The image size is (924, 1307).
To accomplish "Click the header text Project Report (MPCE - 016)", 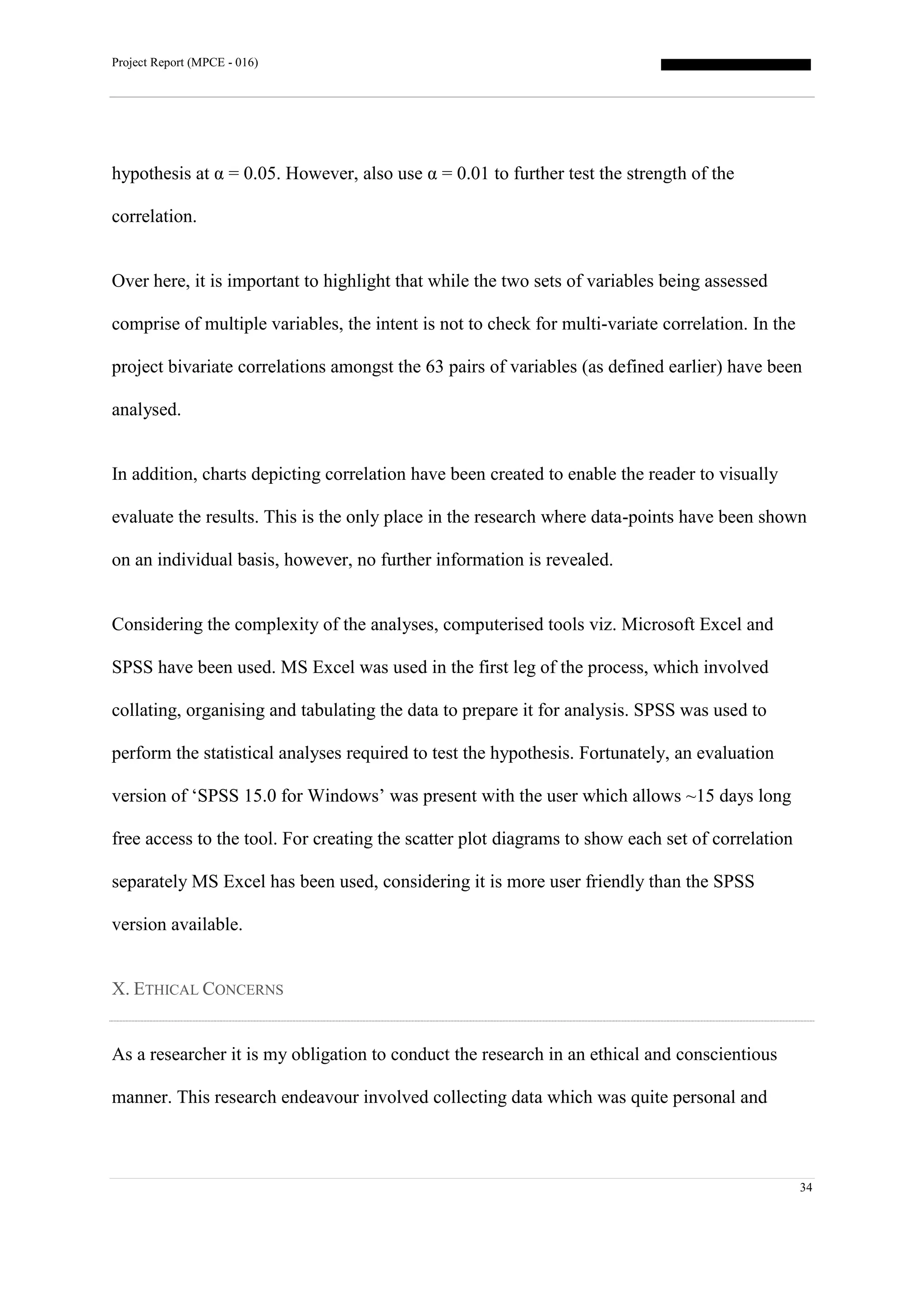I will [185, 63].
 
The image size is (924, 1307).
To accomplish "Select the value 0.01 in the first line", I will [473, 174].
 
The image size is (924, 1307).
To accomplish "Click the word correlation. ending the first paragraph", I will [153, 217].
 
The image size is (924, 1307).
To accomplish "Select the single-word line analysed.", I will [146, 410].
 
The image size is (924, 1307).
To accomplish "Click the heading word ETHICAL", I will [166, 990].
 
